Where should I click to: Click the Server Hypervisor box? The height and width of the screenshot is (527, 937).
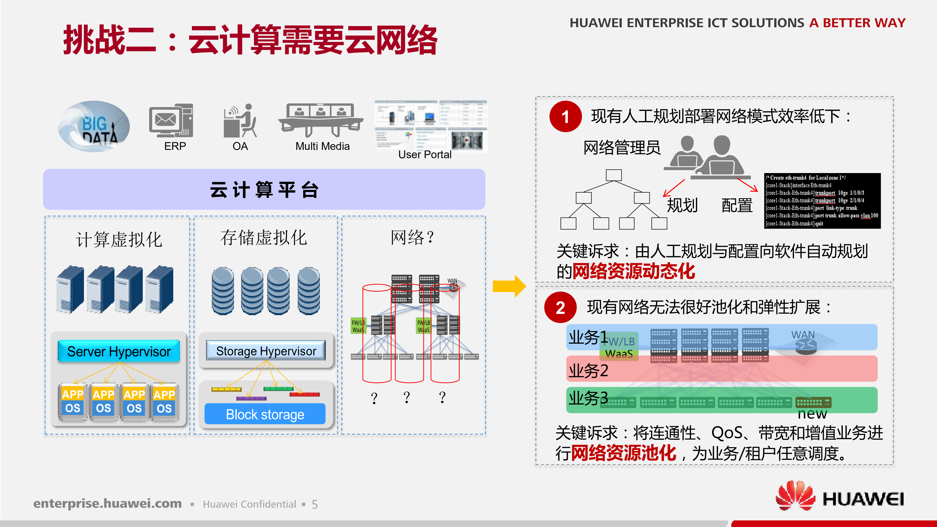(x=119, y=351)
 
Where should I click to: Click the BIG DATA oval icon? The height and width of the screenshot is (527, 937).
(x=94, y=126)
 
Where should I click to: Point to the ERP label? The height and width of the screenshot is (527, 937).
(x=175, y=146)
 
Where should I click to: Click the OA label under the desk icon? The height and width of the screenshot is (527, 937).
(x=240, y=146)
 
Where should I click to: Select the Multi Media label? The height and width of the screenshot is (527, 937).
(x=322, y=146)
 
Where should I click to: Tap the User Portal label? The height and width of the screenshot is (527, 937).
(x=425, y=155)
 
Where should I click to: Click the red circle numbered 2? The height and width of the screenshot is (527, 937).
(x=560, y=308)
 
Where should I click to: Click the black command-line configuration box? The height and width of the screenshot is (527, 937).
(x=822, y=201)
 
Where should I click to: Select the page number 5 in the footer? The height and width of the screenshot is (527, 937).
(x=315, y=505)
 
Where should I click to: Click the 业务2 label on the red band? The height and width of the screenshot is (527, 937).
(x=588, y=371)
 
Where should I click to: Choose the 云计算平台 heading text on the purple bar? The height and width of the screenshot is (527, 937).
(x=264, y=190)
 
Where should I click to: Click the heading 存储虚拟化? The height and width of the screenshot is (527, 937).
(x=264, y=238)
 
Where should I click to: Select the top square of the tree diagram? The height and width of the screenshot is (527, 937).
(x=614, y=175)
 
